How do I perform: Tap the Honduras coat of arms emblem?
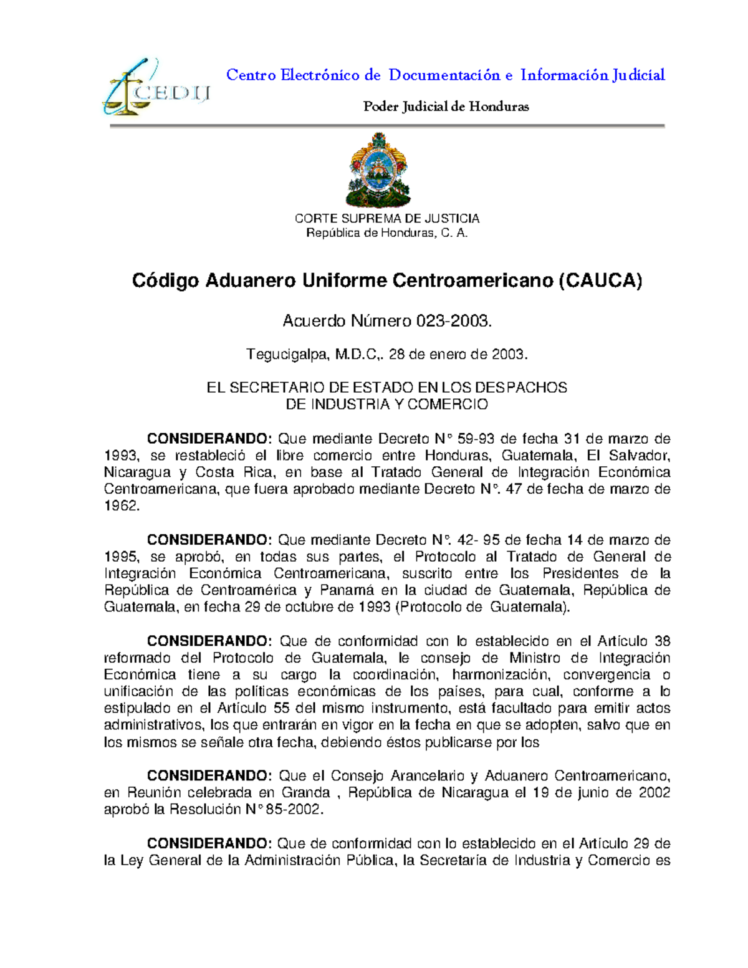378,170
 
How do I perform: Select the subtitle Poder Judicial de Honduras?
446,107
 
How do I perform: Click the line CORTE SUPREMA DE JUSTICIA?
386,218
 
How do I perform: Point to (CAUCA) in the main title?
600,280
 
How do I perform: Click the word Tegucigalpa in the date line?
287,355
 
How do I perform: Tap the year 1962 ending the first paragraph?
121,506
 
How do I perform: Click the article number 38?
662,641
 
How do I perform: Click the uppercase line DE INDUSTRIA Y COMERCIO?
386,405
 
